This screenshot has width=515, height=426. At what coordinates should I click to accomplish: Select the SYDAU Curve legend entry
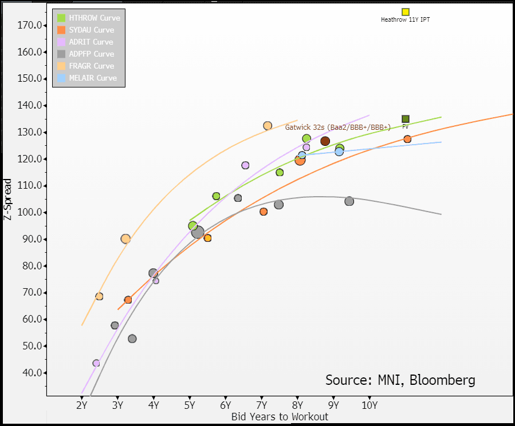(x=91, y=30)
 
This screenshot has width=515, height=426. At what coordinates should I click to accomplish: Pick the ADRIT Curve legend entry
(x=91, y=42)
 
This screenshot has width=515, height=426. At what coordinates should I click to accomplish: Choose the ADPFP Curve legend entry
(x=91, y=54)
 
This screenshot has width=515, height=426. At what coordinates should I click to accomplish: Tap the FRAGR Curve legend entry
(x=91, y=66)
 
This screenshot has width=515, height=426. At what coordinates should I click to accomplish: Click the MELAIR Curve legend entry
(x=92, y=78)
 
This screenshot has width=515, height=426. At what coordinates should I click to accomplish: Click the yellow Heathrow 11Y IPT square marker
(x=406, y=12)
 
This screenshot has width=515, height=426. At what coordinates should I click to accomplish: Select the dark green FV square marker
(x=406, y=119)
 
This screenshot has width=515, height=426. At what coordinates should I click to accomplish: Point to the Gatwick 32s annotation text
(x=337, y=128)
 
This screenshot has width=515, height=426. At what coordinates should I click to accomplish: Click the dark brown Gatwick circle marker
(x=325, y=141)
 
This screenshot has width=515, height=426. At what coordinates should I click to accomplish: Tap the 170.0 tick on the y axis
(x=30, y=25)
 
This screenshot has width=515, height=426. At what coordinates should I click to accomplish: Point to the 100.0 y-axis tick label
(x=30, y=212)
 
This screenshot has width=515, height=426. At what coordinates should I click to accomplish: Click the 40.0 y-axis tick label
(x=32, y=373)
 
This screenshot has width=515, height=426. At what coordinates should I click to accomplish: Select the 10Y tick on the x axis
(x=370, y=405)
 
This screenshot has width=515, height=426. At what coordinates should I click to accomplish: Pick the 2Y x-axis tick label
(x=81, y=405)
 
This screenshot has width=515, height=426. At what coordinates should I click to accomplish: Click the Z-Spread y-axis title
(x=7, y=199)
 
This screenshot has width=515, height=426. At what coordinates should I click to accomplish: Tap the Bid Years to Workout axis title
(x=280, y=416)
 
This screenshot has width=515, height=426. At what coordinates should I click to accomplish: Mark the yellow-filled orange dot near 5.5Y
(x=207, y=238)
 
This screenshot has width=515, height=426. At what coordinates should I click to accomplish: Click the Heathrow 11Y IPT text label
(x=405, y=20)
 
